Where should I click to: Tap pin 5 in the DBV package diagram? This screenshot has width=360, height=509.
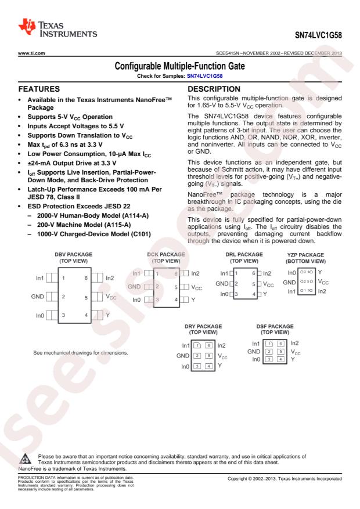click(x=86, y=297)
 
